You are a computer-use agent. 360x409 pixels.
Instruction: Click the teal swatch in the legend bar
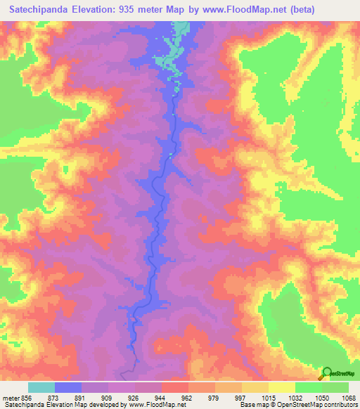pos(41,387)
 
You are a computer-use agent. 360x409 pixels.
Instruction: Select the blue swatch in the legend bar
pos(68,387)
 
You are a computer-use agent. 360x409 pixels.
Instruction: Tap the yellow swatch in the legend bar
pos(282,387)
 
